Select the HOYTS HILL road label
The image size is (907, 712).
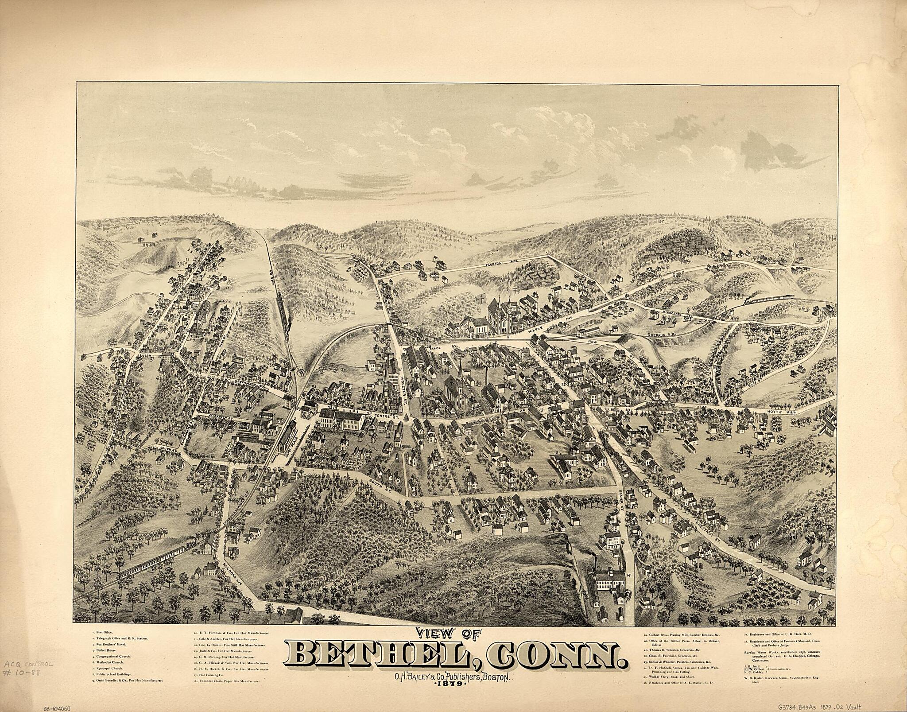781,412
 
